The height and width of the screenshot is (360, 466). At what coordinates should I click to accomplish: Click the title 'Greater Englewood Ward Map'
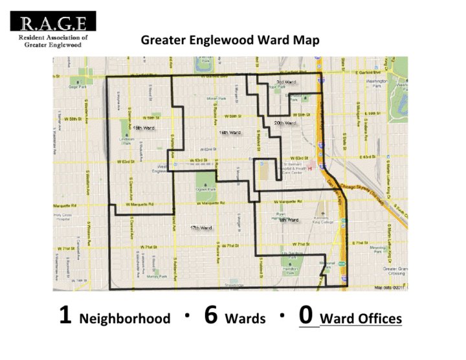click(x=230, y=40)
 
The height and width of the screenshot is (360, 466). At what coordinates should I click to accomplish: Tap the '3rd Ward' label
click(x=286, y=82)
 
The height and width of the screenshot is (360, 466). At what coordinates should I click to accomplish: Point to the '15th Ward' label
click(x=144, y=128)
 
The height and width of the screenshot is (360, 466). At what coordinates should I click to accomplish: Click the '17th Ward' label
click(x=201, y=228)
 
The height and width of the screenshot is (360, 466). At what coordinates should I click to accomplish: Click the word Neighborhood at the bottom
click(x=124, y=319)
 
